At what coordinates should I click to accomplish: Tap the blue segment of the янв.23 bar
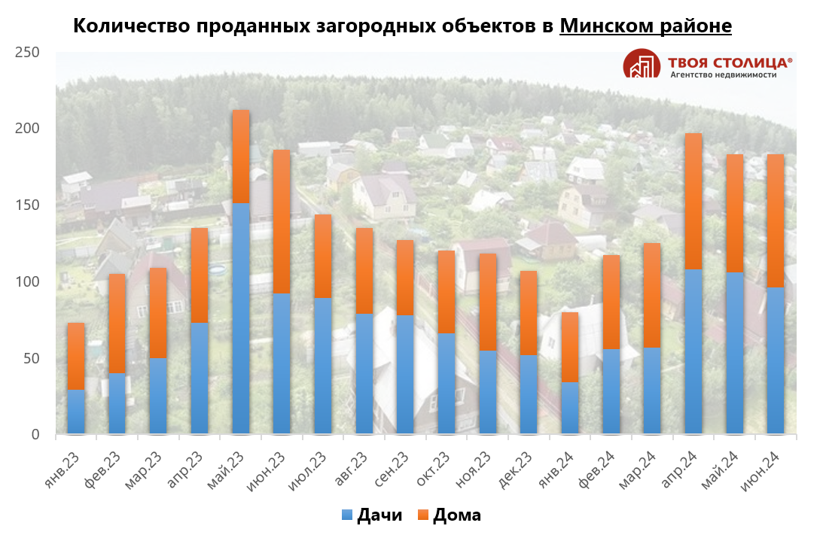(x=76, y=412)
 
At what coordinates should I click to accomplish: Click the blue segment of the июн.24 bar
(x=776, y=360)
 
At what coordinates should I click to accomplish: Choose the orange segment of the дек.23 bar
(x=529, y=312)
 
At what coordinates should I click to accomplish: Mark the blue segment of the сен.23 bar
(x=405, y=374)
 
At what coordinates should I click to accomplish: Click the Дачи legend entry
(x=372, y=515)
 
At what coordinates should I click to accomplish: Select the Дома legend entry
(x=449, y=515)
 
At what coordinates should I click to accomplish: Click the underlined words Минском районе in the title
(x=645, y=26)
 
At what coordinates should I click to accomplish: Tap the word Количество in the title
(x=131, y=26)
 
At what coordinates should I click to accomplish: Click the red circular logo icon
(x=641, y=65)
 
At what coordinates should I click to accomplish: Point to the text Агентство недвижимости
(x=723, y=74)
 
